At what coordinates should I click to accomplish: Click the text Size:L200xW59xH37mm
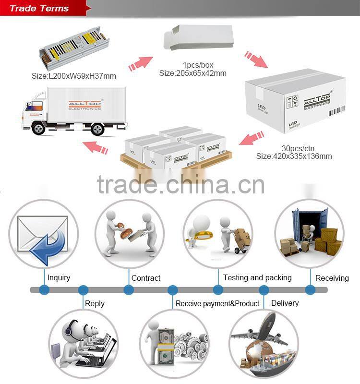(x=74, y=76)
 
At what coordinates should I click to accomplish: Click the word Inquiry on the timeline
(x=59, y=277)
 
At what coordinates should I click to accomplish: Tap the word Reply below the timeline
(x=94, y=303)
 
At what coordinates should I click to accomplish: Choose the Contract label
(x=146, y=278)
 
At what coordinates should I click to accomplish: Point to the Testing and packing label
(x=257, y=277)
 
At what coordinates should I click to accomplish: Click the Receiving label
(x=332, y=278)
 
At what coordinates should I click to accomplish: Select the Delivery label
(x=285, y=303)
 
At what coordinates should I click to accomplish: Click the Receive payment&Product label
(x=217, y=303)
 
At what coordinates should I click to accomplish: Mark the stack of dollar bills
(x=166, y=341)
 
